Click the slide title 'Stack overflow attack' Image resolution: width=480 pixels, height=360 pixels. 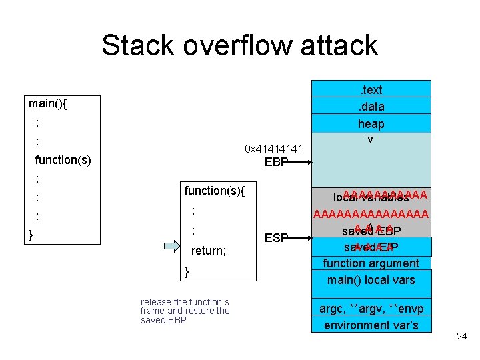coord(240,45)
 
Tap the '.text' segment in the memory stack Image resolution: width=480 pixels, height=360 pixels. coord(371,89)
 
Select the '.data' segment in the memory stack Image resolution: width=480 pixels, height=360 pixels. coord(371,106)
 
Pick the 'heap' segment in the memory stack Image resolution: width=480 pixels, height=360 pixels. coord(371,124)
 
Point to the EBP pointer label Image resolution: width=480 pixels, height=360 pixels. coord(276,162)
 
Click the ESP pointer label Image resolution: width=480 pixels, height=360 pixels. coord(276,238)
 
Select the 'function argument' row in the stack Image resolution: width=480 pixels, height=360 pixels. coord(371,263)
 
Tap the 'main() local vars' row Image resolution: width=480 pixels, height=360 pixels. coord(371,279)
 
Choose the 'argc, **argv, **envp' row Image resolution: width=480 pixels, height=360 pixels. coord(371,309)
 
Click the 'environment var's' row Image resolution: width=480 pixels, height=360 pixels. coord(371,325)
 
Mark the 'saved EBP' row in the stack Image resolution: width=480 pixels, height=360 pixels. coord(371,231)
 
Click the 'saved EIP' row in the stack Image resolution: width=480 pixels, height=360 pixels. coord(371,247)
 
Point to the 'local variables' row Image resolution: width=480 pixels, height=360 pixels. coord(371,197)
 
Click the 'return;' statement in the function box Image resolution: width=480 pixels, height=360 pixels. coord(209,251)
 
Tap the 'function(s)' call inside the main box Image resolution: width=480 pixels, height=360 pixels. coord(63,160)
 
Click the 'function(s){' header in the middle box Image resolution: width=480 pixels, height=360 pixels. coord(215,191)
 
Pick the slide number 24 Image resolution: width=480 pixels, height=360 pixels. coord(461,336)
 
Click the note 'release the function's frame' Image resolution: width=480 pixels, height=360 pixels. coord(185,311)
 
